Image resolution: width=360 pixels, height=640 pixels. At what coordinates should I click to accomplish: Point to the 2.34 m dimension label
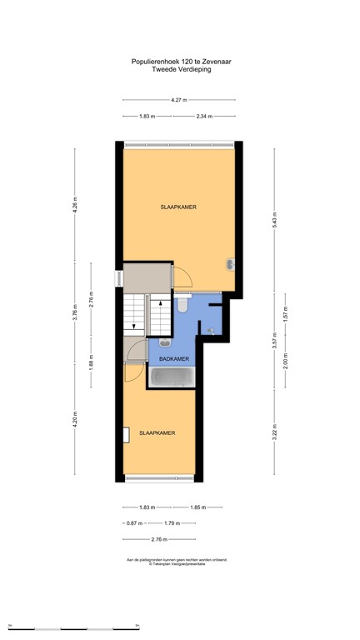point(204,117)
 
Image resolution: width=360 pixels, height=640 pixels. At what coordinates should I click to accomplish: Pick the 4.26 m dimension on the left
point(75,209)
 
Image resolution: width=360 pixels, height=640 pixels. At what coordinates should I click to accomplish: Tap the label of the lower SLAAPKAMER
point(157,432)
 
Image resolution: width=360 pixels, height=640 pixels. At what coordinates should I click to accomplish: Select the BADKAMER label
point(174,358)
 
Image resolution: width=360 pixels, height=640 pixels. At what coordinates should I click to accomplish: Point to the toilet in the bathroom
point(182,306)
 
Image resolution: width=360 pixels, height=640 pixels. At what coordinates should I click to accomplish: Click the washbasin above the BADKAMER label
point(164,342)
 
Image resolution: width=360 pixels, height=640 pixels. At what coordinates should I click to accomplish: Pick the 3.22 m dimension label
point(275,431)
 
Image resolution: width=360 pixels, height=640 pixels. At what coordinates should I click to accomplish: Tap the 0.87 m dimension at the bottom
point(132,523)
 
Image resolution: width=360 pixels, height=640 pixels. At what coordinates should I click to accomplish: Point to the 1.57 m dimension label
point(286,317)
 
